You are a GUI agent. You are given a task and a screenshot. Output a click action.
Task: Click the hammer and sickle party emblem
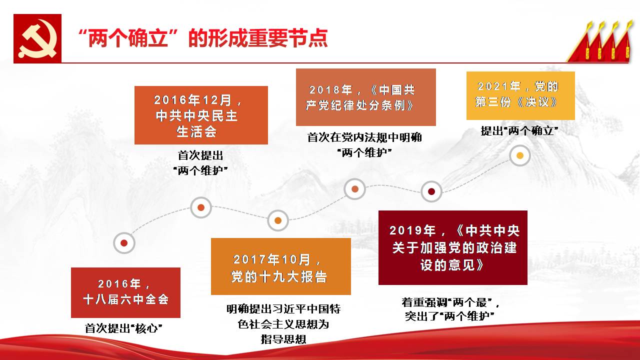pos(37,38)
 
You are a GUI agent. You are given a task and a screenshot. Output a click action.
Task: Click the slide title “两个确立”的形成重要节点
pos(202,38)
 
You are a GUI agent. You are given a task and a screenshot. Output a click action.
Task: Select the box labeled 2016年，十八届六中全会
pos(125,292)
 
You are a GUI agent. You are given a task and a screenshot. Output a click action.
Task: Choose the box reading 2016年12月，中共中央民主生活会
pos(201,115)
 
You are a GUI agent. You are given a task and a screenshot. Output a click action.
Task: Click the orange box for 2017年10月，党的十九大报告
pos(281,266)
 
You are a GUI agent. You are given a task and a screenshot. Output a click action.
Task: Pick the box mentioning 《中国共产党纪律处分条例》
pos(366,97)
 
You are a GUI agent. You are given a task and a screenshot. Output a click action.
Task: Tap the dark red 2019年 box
pos(453,247)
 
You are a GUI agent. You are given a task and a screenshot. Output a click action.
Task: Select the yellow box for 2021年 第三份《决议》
pos(520,95)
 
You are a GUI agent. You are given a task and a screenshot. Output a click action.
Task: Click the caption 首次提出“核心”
pos(123,328)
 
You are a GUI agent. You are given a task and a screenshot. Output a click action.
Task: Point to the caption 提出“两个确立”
pos(519,131)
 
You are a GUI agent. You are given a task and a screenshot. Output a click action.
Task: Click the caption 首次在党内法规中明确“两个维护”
pos(364,145)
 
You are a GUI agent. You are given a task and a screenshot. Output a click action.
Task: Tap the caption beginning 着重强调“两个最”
pos(450,309)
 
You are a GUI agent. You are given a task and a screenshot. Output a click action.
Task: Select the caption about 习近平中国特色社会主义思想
pos(283,324)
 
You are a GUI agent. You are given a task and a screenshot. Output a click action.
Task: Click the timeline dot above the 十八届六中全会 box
pos(124,243)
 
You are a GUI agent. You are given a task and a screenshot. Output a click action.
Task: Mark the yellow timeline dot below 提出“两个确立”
pos(520,155)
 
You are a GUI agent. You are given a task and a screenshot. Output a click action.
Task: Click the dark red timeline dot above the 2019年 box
pos(431,191)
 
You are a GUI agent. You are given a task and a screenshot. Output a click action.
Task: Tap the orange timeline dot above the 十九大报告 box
pos(278,220)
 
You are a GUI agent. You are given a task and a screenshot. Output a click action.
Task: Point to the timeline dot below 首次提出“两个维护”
pos(201,207)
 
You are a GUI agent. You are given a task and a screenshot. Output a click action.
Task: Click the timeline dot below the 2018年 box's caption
pos(355,189)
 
